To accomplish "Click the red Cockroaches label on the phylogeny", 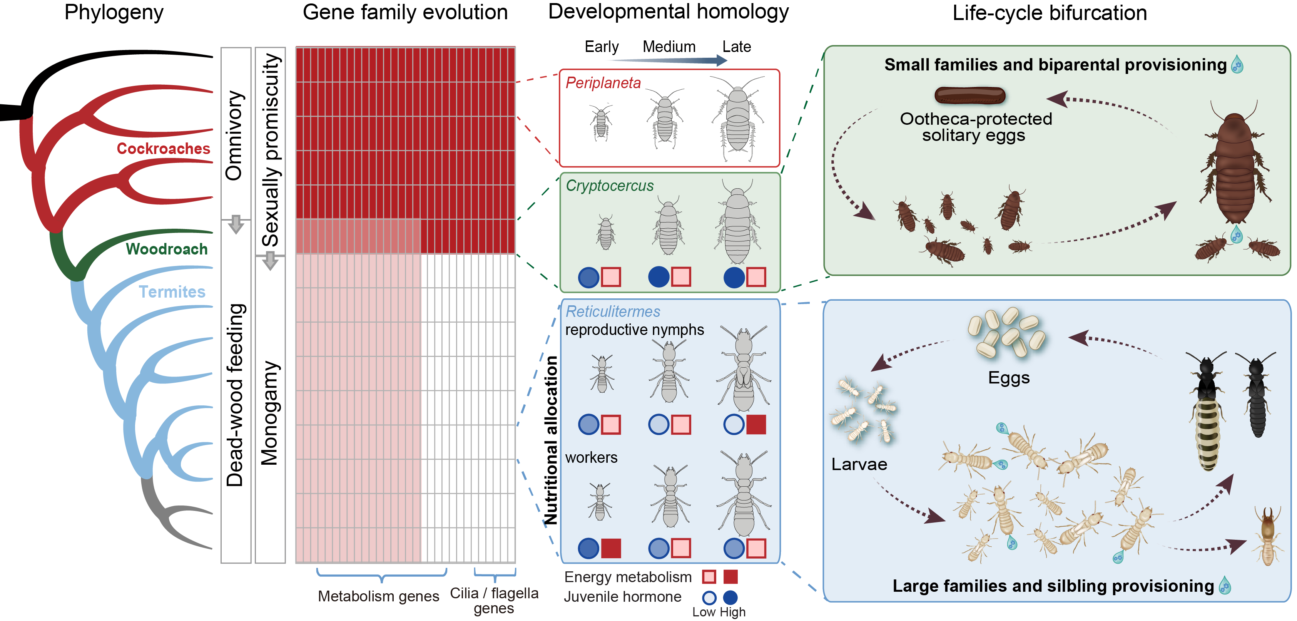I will point(163,149).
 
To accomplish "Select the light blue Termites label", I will point(172,291).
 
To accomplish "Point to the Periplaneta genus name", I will point(603,83).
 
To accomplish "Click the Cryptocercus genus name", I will point(609,186).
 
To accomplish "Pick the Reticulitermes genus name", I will point(612,311).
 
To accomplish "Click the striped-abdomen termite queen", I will point(1207,413).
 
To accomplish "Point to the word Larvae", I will point(859,464).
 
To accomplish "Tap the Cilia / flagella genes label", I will point(494,600).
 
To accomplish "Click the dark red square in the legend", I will point(730,577).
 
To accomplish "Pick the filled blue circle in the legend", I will point(730,598).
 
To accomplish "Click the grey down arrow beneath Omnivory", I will point(236,224).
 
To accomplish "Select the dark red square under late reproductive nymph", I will point(756,425).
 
